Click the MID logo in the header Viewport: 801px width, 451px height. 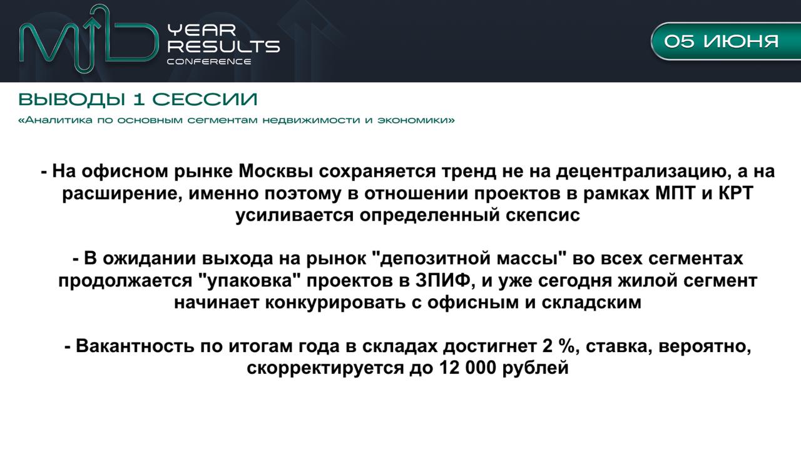89,39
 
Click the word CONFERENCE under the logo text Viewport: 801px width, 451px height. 209,61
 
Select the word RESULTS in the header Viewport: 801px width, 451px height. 224,46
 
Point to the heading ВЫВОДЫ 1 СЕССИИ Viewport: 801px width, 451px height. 138,100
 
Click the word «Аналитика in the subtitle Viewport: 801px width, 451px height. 56,120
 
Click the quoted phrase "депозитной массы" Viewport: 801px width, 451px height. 469,259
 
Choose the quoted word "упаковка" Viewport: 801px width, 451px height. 249,281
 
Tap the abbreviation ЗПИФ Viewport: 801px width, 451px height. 442,281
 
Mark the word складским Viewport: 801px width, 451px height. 591,303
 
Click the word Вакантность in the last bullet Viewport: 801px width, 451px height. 135,346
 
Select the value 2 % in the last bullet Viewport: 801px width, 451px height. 559,346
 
